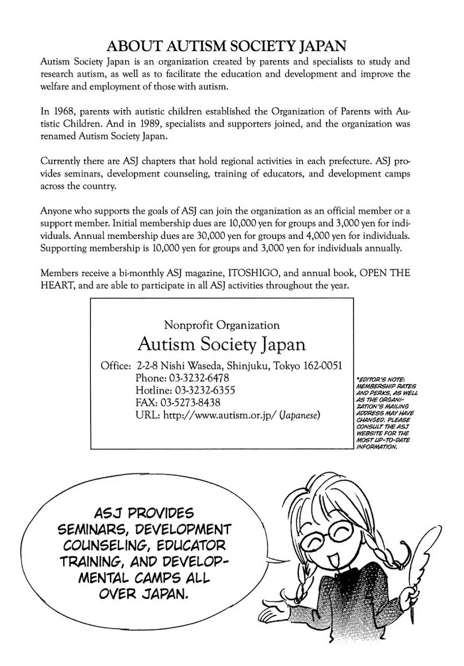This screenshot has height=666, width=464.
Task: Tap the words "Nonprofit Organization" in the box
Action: [221, 325]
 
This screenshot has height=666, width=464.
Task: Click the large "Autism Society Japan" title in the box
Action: [221, 345]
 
